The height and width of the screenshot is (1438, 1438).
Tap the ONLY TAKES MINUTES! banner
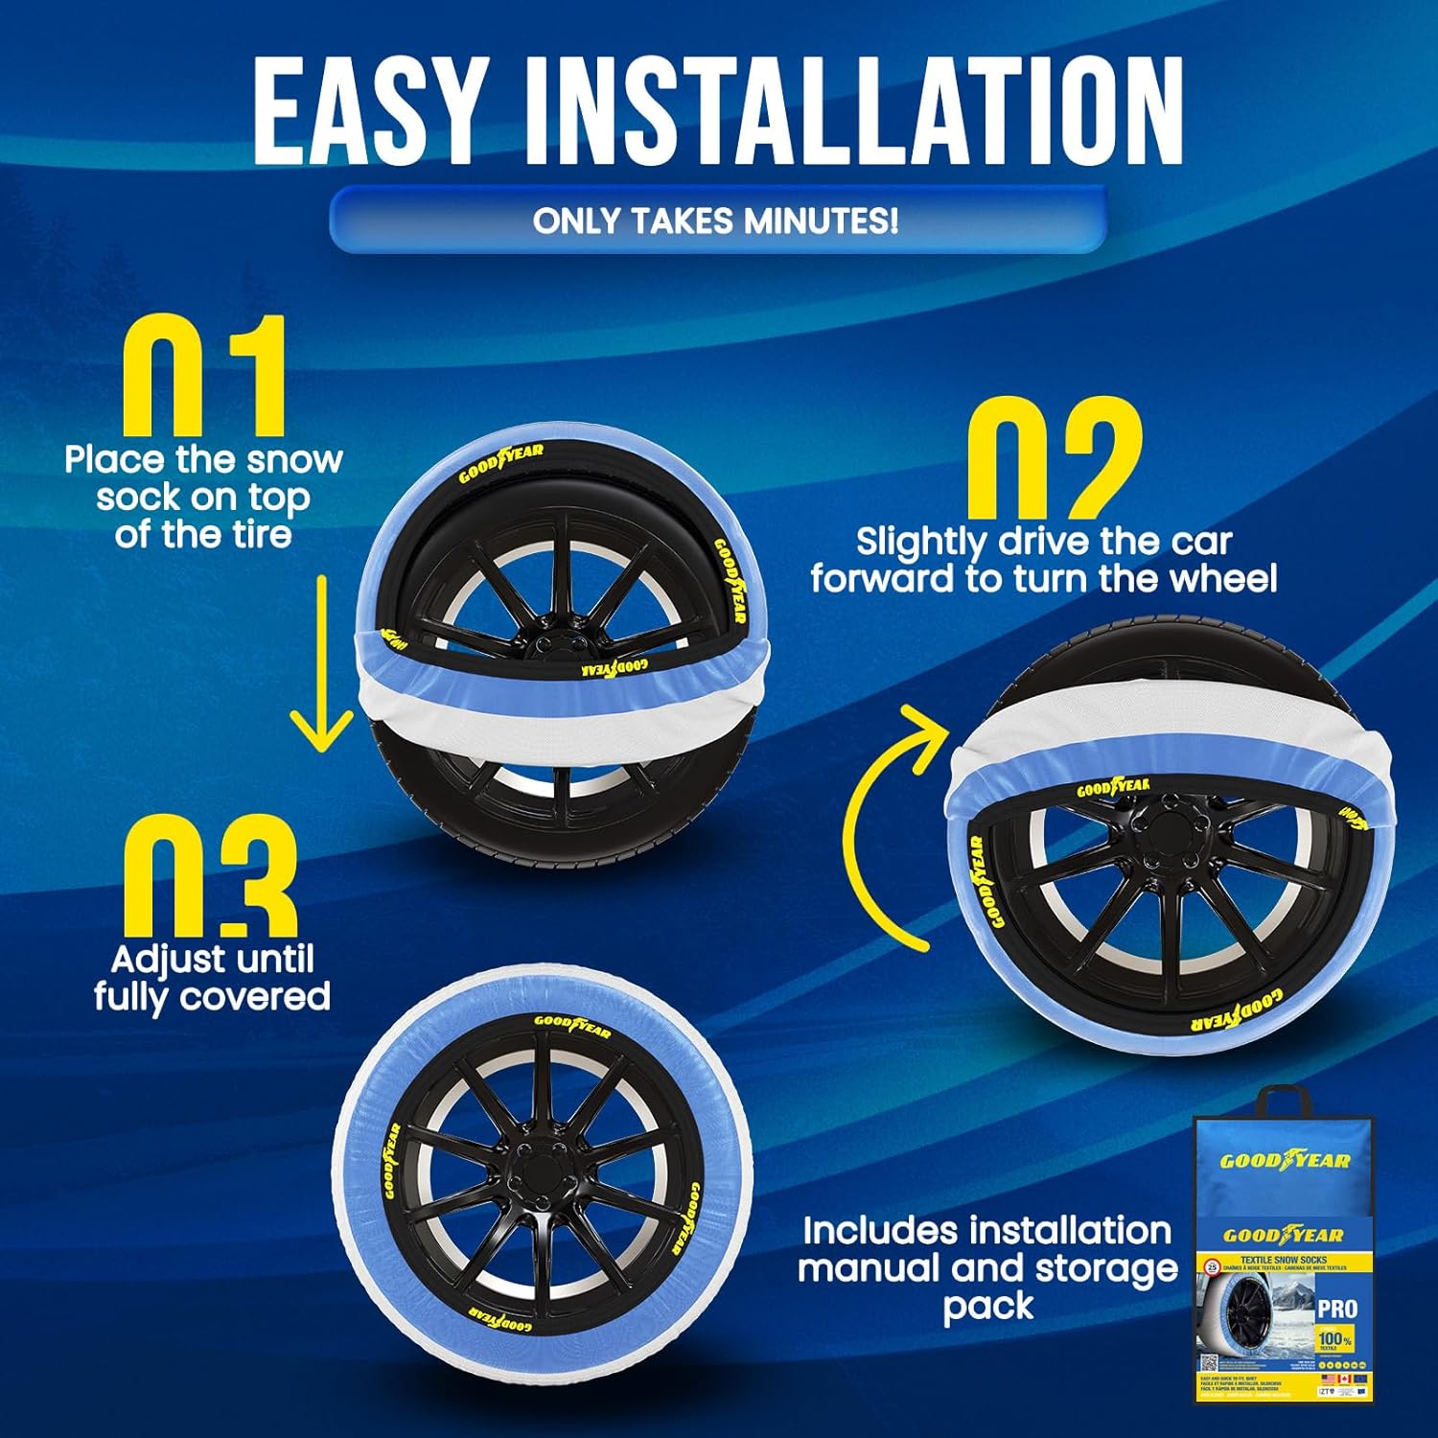point(716,220)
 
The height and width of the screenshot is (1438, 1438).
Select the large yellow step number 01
point(204,379)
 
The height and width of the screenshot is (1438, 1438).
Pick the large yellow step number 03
point(208,877)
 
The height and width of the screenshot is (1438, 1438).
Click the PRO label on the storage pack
point(1336,1309)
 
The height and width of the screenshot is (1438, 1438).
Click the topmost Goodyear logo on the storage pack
point(1285,1161)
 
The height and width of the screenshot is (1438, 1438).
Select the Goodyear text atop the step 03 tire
point(572,1025)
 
